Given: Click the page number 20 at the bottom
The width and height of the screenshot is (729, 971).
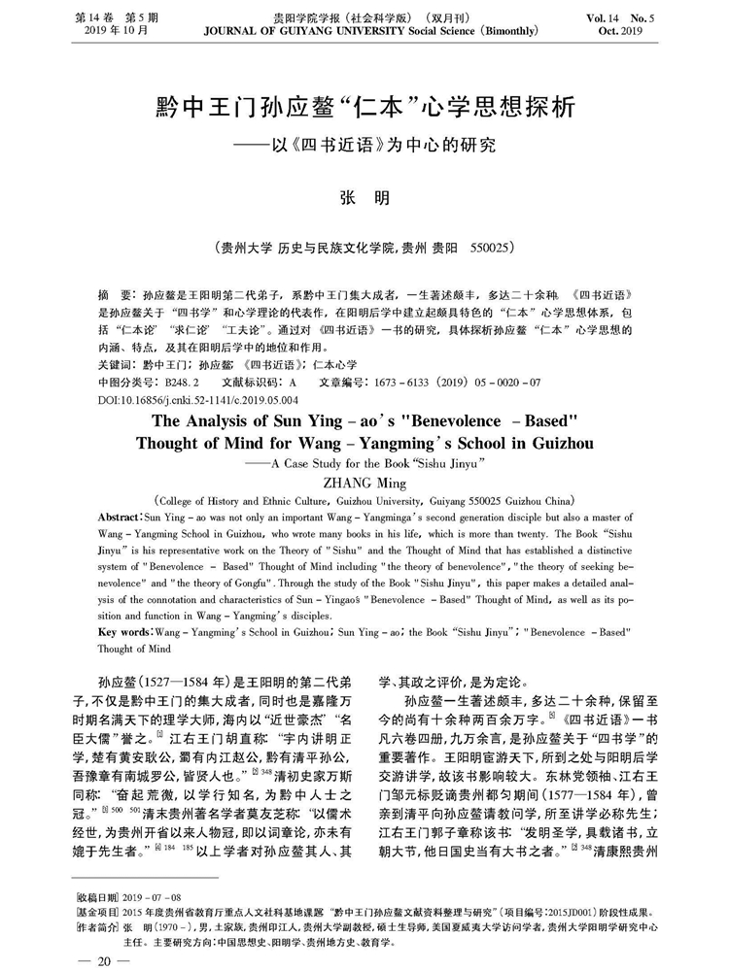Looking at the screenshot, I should pos(101,958).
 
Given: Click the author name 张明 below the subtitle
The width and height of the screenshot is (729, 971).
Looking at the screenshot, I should pos(364,196).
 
